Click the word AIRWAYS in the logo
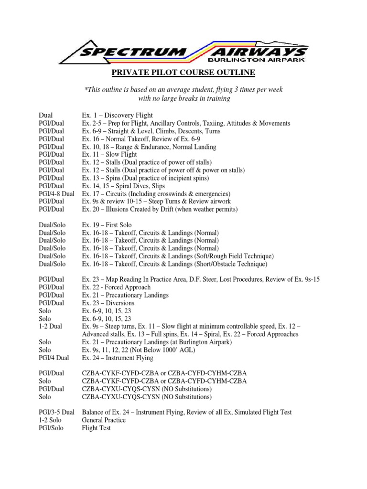(264, 52)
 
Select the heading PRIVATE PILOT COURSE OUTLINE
(183, 73)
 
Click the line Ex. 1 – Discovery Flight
(118, 116)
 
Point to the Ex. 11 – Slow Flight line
(109, 155)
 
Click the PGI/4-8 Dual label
(57, 194)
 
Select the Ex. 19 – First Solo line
(107, 225)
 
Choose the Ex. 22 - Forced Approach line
(116, 287)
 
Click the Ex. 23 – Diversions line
(108, 303)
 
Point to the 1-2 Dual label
(51, 326)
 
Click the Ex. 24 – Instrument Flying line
(118, 358)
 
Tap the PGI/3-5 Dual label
(57, 412)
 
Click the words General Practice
(104, 420)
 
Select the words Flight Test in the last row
(97, 428)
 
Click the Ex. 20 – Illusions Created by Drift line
(159, 210)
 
